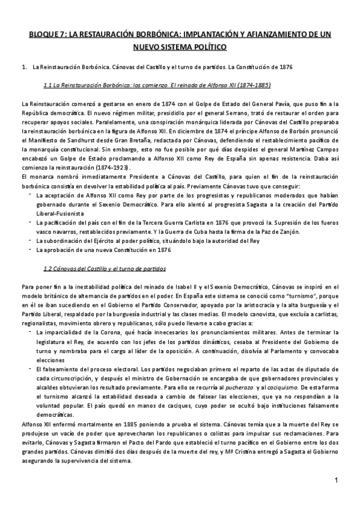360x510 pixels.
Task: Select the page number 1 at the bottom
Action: (x=337, y=481)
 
